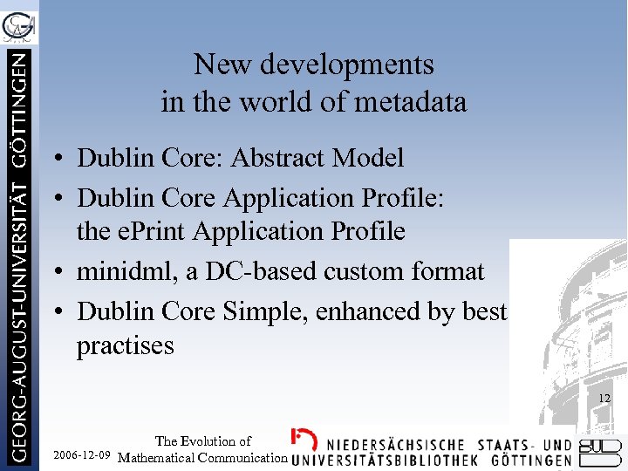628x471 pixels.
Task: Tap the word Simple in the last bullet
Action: (x=254, y=311)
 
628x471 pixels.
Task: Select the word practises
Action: (x=126, y=345)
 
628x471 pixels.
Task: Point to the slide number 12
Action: (x=604, y=399)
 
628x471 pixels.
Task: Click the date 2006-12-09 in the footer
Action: (x=82, y=456)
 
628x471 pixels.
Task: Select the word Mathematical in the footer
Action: (x=159, y=457)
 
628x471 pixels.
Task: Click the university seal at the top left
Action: (x=19, y=24)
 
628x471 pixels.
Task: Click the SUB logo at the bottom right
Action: (x=601, y=451)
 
